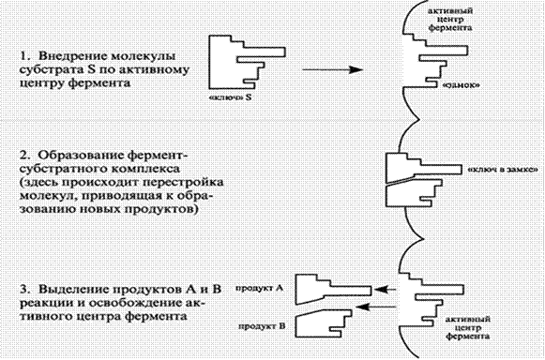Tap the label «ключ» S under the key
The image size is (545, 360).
coord(231,98)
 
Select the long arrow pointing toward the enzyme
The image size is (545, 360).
coord(333,70)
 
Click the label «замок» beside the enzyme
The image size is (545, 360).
coord(461,85)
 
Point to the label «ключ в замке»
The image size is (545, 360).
coord(503,170)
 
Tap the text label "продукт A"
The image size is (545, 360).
coord(260,288)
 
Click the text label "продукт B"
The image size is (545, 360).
coord(262,326)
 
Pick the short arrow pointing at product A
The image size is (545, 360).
coord(386,289)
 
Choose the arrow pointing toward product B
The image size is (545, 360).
coord(377,307)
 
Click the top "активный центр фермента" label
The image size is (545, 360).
coord(450,20)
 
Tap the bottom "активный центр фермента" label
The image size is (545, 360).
coord(468,328)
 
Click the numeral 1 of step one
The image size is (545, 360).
coord(23,56)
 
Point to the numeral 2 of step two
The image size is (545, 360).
coord(23,156)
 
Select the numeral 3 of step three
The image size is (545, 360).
coord(23,290)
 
